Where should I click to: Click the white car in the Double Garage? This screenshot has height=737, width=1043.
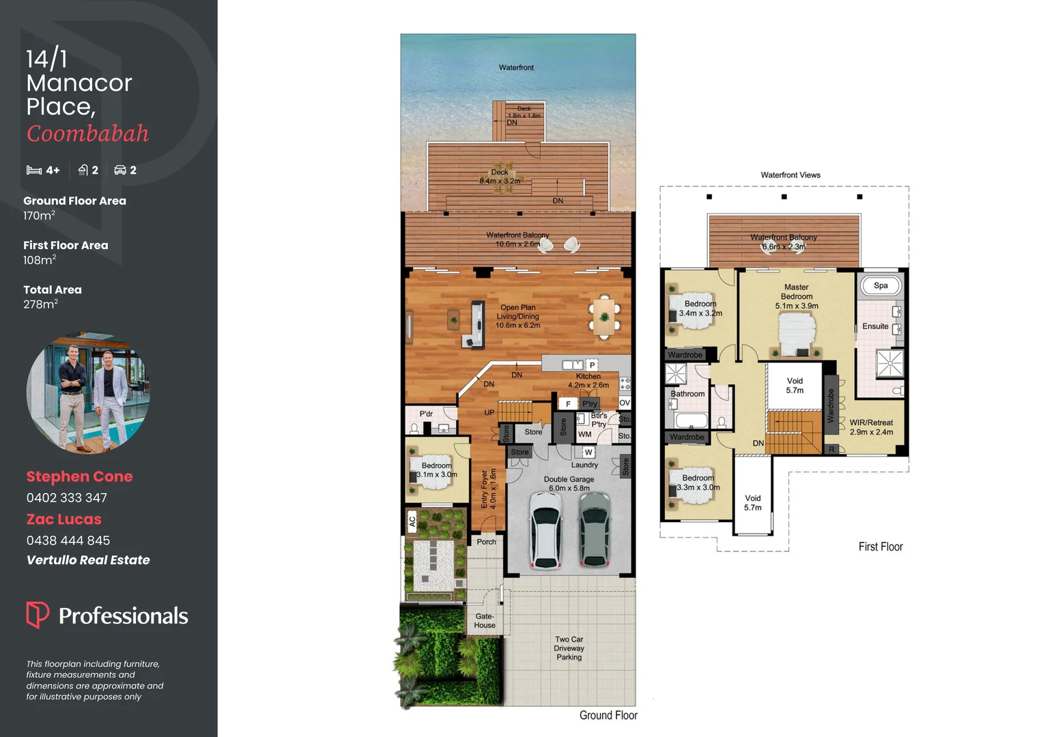coord(545,532)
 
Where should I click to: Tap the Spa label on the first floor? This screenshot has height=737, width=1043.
coord(881,285)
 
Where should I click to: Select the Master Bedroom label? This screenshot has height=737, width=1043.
coord(797,292)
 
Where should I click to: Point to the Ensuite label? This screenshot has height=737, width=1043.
coord(875,326)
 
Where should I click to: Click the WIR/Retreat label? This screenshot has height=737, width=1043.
coord(871,427)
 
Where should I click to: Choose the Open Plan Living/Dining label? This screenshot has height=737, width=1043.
coord(518,317)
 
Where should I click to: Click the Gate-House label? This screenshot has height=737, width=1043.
coord(485,620)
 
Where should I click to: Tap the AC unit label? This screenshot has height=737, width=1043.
coord(412,522)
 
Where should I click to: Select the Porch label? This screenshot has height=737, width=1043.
coord(487,542)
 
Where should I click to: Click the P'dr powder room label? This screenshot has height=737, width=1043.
coord(426,414)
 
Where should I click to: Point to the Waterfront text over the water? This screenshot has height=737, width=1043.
coord(516,68)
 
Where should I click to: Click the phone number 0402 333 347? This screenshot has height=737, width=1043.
coord(67,497)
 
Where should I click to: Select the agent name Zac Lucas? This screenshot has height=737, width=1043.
coord(64,519)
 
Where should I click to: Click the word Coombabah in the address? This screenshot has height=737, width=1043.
coord(87,134)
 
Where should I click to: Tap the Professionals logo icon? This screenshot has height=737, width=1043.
coord(38,614)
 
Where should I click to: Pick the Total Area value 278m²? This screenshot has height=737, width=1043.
coord(40,304)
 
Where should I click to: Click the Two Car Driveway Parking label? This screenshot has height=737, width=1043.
coord(569,648)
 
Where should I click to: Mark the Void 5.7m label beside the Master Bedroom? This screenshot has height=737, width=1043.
coord(795,386)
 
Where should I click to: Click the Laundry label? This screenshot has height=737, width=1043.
coord(584,465)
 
